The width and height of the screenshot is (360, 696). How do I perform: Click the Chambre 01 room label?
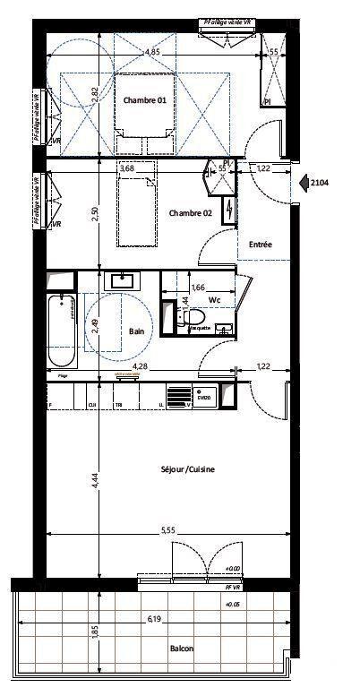[144, 100]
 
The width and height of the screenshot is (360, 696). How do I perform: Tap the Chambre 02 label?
[190, 212]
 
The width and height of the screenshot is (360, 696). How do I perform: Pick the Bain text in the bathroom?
[137, 331]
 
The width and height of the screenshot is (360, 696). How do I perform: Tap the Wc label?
[214, 299]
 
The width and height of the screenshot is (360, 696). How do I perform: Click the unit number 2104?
[320, 183]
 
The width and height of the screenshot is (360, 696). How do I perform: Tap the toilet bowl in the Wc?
[193, 320]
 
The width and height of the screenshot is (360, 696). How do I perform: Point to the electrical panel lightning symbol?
[231, 211]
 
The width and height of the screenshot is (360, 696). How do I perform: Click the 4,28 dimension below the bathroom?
[141, 366]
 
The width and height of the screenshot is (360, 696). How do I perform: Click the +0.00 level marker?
[232, 569]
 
